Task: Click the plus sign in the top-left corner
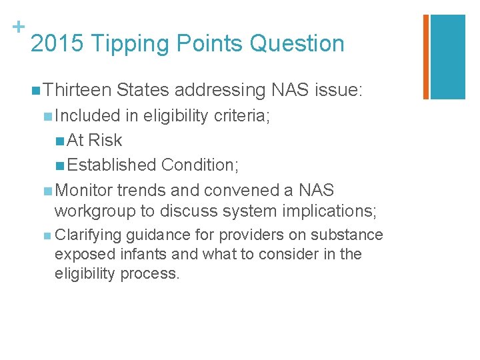click(17, 27)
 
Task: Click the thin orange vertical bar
click(426, 57)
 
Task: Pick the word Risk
click(105, 140)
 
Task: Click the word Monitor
click(85, 190)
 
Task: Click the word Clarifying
click(88, 235)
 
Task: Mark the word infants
click(143, 254)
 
